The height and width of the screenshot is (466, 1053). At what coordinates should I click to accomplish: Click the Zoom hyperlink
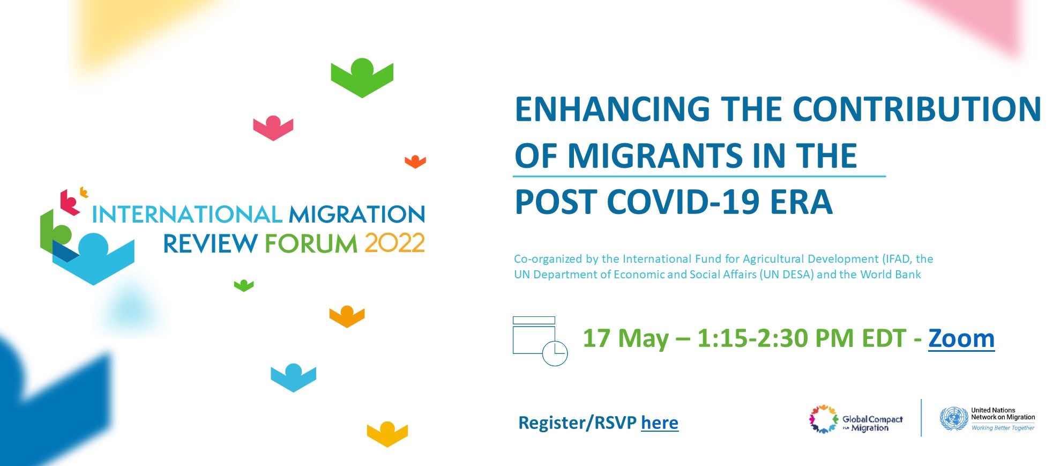961,338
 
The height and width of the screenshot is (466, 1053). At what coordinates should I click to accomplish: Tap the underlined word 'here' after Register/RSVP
660,423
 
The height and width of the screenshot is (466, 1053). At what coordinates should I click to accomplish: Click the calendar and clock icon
540,341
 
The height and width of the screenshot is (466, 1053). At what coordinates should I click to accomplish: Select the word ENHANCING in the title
613,109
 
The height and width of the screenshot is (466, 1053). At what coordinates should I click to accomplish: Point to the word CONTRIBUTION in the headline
917,109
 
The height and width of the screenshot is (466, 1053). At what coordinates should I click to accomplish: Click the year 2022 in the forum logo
395,243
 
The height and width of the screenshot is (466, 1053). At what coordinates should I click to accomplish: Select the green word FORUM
311,243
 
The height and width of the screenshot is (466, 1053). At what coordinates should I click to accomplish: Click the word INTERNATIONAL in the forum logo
187,214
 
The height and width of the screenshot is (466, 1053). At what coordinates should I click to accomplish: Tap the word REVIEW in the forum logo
210,243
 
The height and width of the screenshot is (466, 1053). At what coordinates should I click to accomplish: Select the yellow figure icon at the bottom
387,434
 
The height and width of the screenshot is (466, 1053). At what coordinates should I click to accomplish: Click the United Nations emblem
954,418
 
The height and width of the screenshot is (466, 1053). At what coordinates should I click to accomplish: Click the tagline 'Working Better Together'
1003,428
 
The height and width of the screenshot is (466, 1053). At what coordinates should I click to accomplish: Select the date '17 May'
626,339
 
